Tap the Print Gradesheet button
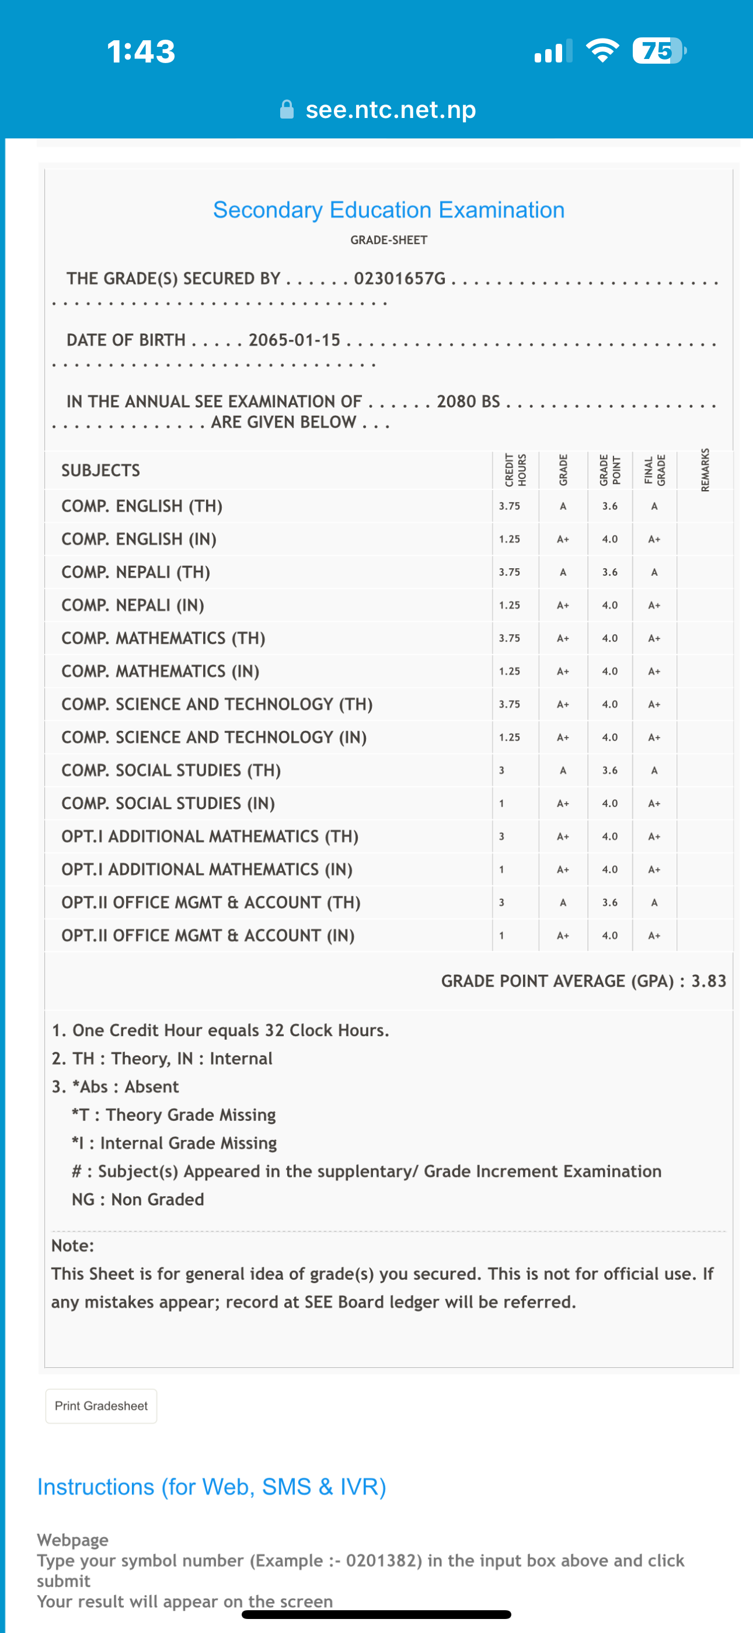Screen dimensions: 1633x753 coord(101,1405)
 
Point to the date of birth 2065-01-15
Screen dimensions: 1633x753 coord(294,340)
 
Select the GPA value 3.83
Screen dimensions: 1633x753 coord(708,981)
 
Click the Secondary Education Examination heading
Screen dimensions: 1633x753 coord(389,210)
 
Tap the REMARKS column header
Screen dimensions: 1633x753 coord(705,470)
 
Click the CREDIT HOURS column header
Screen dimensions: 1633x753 coord(515,470)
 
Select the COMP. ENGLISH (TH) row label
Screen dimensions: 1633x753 coord(141,506)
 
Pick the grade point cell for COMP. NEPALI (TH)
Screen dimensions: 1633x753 coord(609,572)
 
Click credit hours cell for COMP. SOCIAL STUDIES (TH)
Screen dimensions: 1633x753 coord(501,770)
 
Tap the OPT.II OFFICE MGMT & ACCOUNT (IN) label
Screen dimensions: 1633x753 coord(207,935)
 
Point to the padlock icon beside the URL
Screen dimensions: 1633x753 coord(287,109)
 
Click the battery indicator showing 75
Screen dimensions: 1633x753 coord(658,51)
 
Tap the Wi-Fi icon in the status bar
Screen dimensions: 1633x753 coord(602,51)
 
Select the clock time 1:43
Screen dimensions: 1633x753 coord(141,51)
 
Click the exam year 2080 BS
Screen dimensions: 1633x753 coord(468,401)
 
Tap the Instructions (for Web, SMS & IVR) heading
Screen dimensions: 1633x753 coord(211,1486)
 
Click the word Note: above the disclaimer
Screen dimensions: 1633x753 coord(72,1246)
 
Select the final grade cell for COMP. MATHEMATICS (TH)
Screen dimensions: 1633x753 coord(654,638)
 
